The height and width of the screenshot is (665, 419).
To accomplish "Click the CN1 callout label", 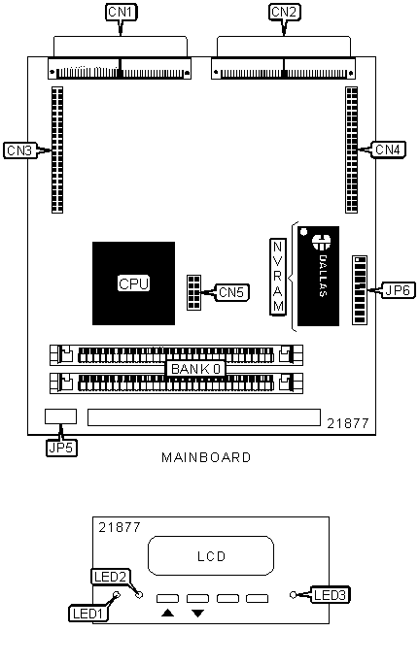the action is coord(121,13).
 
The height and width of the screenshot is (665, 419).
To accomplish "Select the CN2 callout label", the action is coord(285,13).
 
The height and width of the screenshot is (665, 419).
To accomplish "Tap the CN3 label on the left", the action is coord(19,150).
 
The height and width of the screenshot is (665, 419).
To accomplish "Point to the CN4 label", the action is coord(388,150).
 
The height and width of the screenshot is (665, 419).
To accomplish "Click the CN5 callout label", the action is coord(231,292).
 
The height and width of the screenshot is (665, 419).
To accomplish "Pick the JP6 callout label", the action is coord(399,290).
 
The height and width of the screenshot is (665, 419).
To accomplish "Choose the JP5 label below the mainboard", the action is coord(61,448).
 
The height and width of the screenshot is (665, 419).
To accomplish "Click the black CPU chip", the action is coord(134,283).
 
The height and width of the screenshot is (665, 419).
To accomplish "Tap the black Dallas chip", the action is coord(319,276).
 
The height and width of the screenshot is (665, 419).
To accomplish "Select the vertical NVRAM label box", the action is coord(278,277).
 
